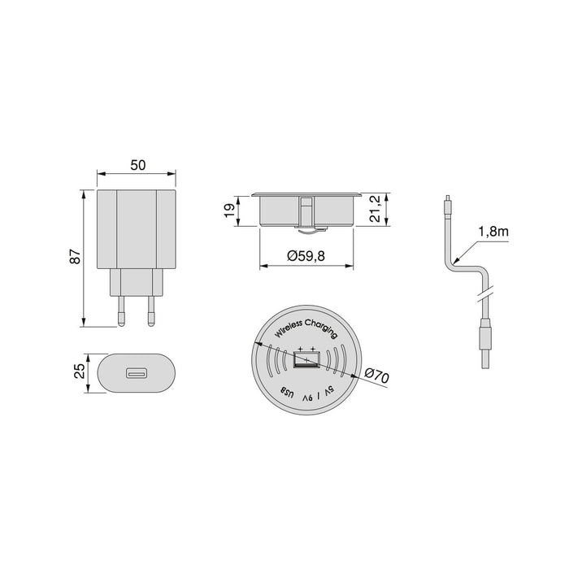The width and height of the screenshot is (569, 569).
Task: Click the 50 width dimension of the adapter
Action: coord(137,165)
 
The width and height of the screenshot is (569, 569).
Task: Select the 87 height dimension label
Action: coord(75,256)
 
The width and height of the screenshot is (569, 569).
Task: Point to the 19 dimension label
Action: coord(230,211)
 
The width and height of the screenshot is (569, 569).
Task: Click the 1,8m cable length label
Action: coord(493,232)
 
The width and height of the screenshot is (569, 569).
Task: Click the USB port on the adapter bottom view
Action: coord(137,374)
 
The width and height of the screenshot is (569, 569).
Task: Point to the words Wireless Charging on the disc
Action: coord(306,329)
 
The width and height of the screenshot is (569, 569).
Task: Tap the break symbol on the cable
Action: coord(485,288)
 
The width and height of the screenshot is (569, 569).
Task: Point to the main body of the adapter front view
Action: coord(137,229)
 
